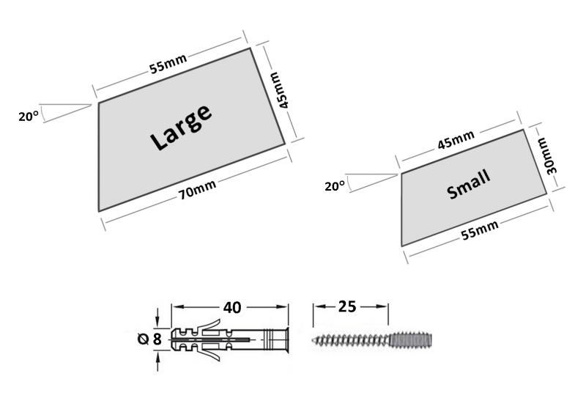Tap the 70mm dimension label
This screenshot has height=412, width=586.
tap(198, 188)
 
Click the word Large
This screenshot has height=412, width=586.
tap(181, 128)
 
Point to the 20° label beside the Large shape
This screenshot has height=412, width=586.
tap(28, 115)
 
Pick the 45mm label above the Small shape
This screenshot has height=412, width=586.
tap(456, 140)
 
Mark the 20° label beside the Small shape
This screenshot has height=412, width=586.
tap(334, 186)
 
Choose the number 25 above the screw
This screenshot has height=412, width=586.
tap(348, 306)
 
